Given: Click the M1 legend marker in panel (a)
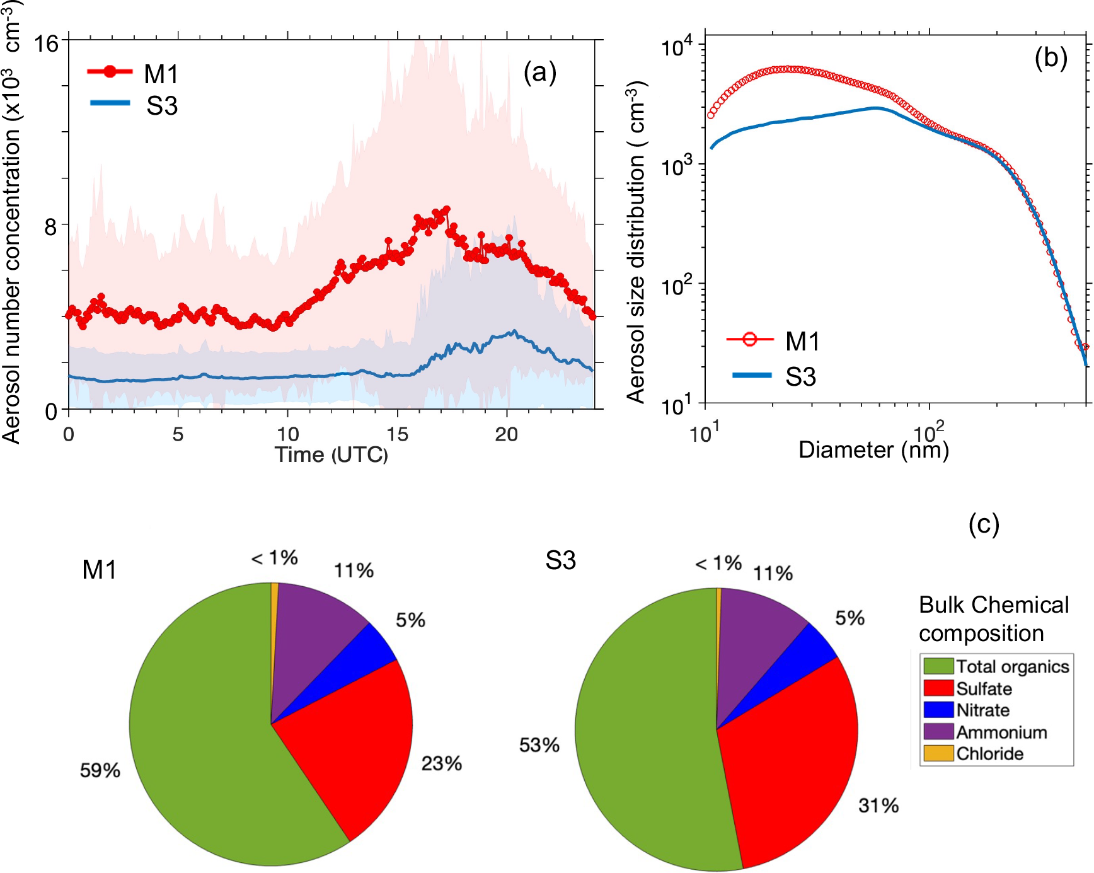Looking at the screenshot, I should click(x=110, y=72).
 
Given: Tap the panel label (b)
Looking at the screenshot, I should click(x=1051, y=58).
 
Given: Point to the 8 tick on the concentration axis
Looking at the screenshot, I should click(x=50, y=226).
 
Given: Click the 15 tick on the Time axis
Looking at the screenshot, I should click(x=397, y=434).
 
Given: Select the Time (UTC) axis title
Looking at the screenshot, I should click(x=331, y=454).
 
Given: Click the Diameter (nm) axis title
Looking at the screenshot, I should click(x=873, y=449).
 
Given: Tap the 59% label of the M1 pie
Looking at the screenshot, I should click(x=100, y=770).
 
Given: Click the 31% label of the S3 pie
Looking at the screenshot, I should click(x=878, y=805).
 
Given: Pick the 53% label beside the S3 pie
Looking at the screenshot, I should click(x=539, y=745).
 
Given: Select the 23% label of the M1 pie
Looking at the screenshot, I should click(x=441, y=763).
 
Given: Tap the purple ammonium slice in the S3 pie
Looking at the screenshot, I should click(x=756, y=637).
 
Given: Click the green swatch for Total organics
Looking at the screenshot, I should click(x=938, y=666).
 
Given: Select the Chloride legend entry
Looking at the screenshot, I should click(x=989, y=754).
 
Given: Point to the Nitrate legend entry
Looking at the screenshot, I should click(x=982, y=710).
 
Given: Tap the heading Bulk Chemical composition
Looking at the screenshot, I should click(x=993, y=619).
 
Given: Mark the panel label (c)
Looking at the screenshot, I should click(x=984, y=524).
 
